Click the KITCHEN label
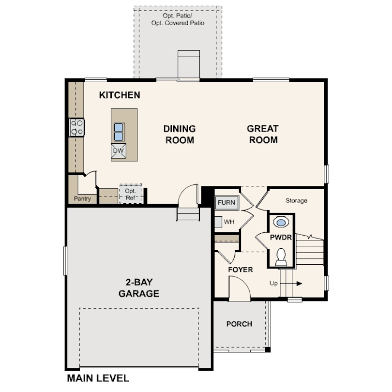tap(120, 95)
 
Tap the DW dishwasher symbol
tap(119, 151)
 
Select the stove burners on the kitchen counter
tap(77, 127)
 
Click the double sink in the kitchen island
tap(119, 131)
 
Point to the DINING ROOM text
tap(179, 135)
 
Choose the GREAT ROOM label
tap(262, 135)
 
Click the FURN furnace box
tap(226, 202)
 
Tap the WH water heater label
tap(229, 222)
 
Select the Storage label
tap(296, 200)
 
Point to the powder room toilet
tap(281, 257)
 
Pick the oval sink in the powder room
tap(280, 223)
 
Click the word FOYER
tap(240, 270)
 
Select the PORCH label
tap(239, 324)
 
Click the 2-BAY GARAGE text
tap(139, 288)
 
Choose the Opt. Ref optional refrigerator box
tap(131, 194)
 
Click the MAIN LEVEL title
tap(98, 378)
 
